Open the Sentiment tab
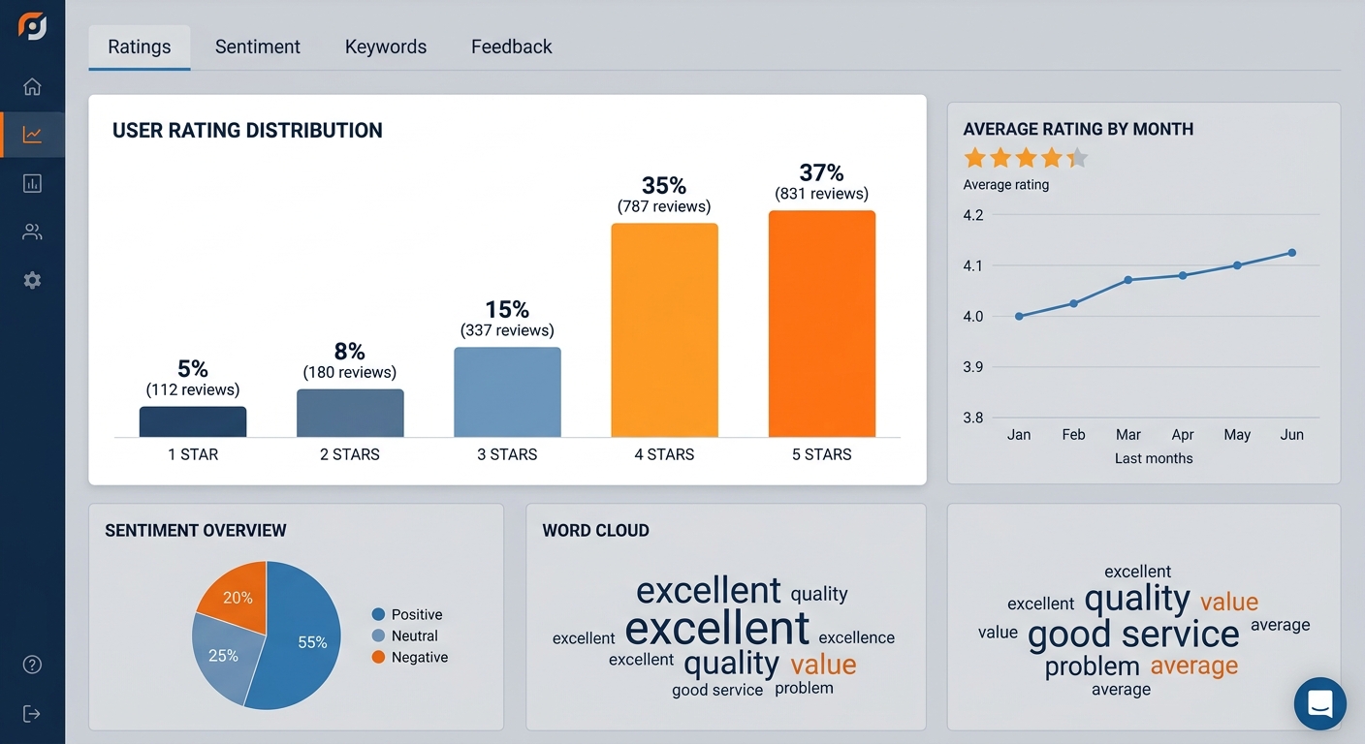tap(257, 46)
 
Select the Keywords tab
tap(386, 46)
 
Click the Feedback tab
tap(511, 46)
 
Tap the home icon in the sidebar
tap(32, 86)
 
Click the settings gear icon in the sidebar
tap(32, 280)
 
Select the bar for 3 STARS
tap(507, 392)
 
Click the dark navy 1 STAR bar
tap(193, 422)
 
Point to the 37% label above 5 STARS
tap(821, 172)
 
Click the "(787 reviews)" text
tap(664, 206)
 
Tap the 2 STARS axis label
tap(350, 454)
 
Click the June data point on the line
tap(1292, 253)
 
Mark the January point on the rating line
tap(1019, 316)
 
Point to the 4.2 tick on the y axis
tap(973, 215)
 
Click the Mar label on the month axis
tap(1127, 435)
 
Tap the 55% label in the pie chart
tap(312, 642)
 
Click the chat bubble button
tap(1319, 703)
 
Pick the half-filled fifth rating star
tap(1077, 158)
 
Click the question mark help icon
tap(32, 665)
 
